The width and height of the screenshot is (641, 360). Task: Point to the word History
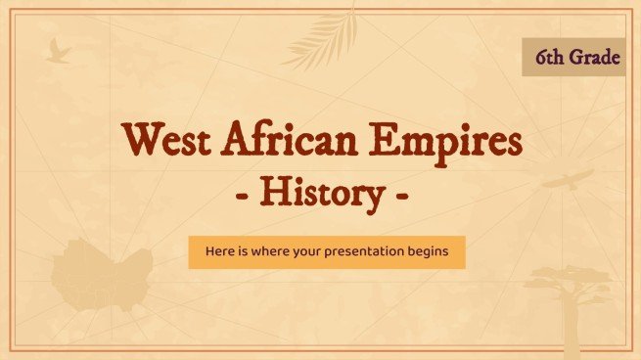(321, 194)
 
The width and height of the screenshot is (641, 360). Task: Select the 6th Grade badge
(572, 59)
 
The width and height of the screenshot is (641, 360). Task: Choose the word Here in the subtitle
(219, 252)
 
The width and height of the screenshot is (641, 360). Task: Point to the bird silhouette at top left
(58, 50)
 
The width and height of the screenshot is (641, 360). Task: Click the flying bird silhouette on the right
(570, 179)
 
